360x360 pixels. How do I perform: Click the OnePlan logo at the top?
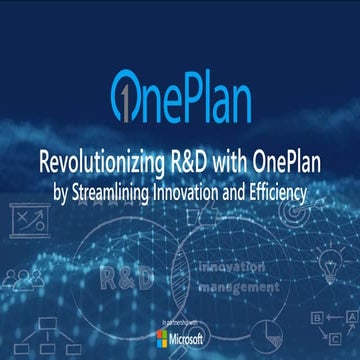[180, 93]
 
